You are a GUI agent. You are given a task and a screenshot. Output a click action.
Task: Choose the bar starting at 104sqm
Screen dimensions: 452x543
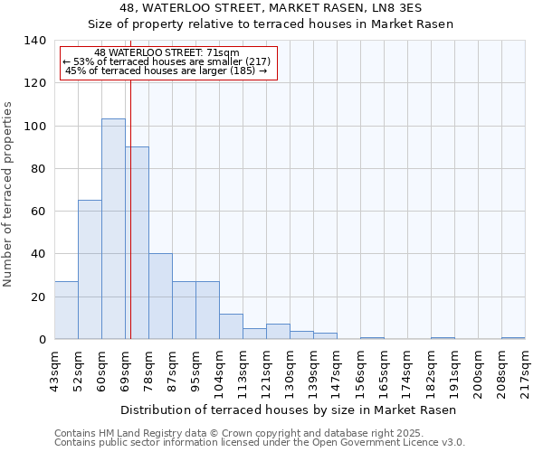(x=231, y=326)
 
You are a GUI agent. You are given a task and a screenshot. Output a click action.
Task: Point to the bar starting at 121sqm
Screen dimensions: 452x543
(x=278, y=332)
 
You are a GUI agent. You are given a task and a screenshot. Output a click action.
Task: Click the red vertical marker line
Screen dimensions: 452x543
(x=130, y=208)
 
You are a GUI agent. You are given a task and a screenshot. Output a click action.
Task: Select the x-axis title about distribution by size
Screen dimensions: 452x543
(x=287, y=410)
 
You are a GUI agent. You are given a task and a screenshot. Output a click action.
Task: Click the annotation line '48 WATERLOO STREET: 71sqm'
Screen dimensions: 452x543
(x=167, y=53)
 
